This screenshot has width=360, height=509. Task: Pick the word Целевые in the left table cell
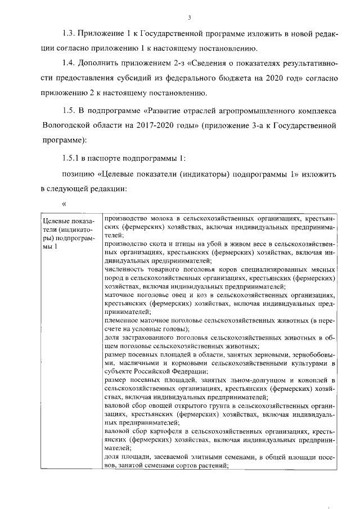57,220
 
